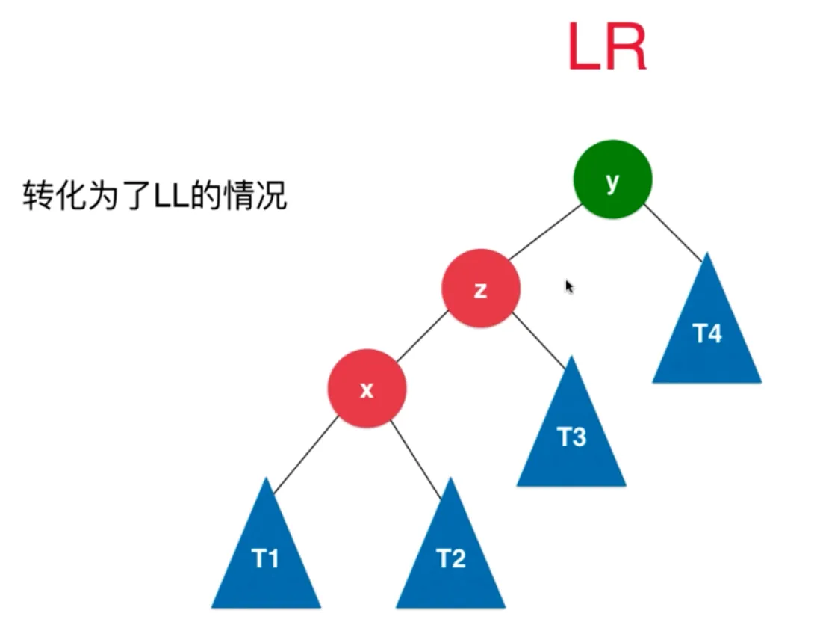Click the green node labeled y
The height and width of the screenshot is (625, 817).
click(x=612, y=179)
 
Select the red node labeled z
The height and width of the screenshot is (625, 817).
click(x=480, y=289)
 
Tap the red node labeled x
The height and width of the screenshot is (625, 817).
click(x=367, y=389)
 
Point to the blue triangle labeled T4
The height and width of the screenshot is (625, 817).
click(x=707, y=333)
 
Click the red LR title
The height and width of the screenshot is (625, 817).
click(x=606, y=48)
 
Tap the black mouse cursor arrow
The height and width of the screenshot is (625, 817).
click(x=569, y=286)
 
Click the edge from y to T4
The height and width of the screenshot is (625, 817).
click(x=673, y=232)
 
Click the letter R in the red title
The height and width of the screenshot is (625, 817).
click(x=626, y=48)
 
